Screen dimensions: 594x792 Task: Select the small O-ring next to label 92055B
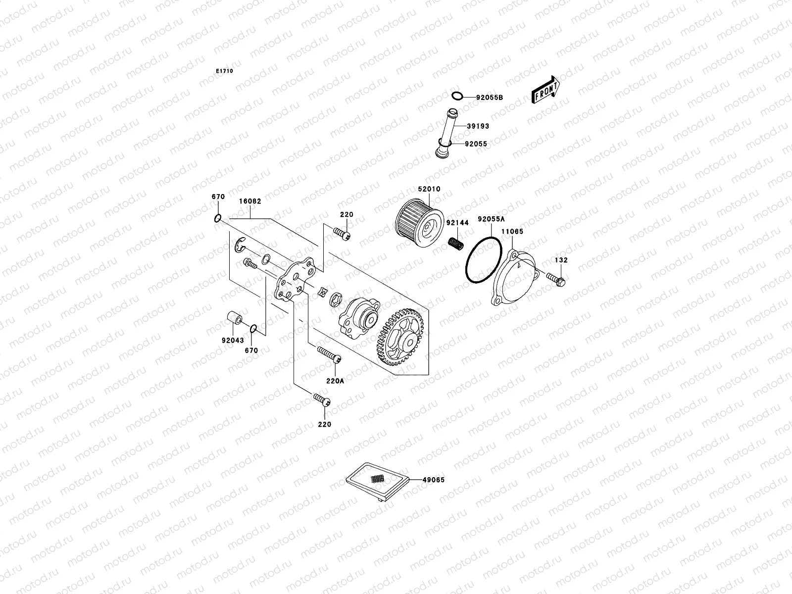458,96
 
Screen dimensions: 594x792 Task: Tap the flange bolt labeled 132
556,278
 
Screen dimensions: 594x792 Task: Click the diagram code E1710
224,71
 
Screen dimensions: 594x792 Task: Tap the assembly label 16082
250,201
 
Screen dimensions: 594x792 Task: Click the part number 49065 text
434,480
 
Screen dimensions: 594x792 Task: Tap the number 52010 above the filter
429,189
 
